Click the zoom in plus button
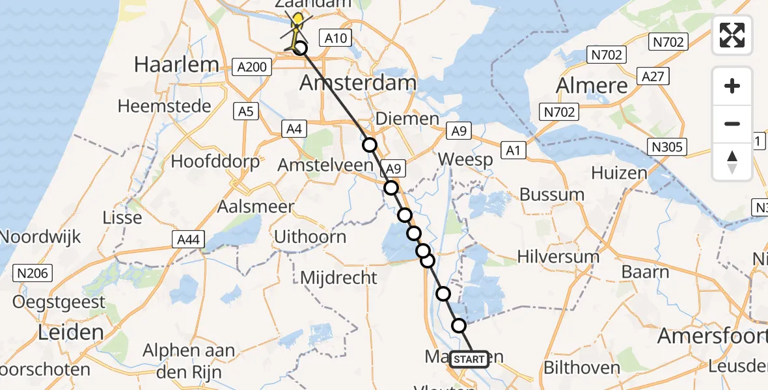click(732, 86)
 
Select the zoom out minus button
click(732, 123)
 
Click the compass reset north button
click(732, 161)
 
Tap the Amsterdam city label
click(357, 83)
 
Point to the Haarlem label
click(176, 64)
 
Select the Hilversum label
click(558, 256)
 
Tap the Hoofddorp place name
click(215, 161)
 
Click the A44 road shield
click(189, 240)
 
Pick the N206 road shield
click(33, 273)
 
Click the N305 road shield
click(667, 147)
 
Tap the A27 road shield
click(653, 77)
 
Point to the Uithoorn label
click(310, 236)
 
